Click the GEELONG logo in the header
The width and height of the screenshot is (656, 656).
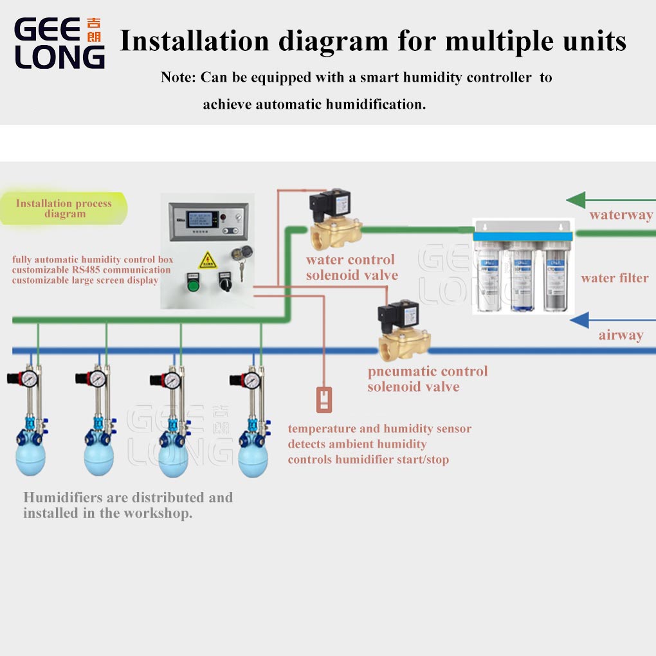[x=59, y=43]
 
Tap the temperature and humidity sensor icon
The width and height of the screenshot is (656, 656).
[x=324, y=399]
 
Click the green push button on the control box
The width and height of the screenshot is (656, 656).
[x=192, y=282]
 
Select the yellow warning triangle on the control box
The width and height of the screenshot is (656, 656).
[x=207, y=260]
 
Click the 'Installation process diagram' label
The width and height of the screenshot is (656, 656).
[x=64, y=208]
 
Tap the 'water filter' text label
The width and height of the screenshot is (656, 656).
[x=614, y=278]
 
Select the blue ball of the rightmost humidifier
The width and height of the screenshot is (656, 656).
[x=253, y=459]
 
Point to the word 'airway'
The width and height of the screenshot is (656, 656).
[x=621, y=335]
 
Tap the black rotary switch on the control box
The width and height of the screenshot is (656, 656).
[x=225, y=281]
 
